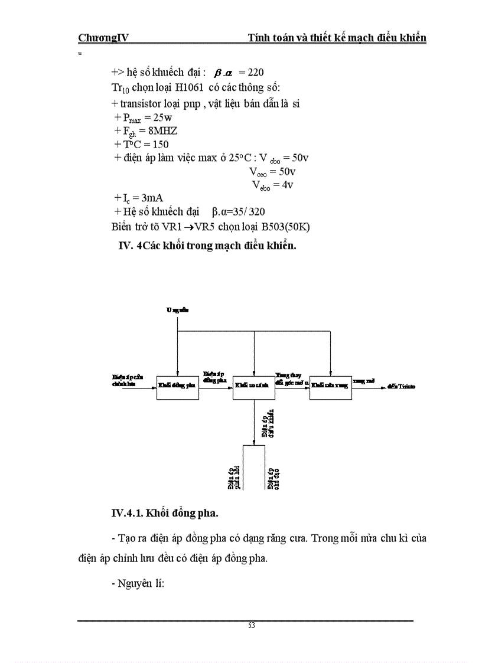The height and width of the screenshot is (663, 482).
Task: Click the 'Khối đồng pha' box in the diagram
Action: (x=178, y=387)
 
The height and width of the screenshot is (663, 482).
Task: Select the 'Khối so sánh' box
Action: (x=254, y=387)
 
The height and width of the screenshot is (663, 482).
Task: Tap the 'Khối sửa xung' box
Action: (x=330, y=387)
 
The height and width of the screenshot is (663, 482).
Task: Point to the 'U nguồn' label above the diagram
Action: (x=177, y=309)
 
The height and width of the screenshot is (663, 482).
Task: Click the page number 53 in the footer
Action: (x=251, y=626)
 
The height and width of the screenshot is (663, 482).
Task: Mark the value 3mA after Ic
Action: (x=153, y=198)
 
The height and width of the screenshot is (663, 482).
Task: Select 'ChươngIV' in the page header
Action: (x=103, y=38)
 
